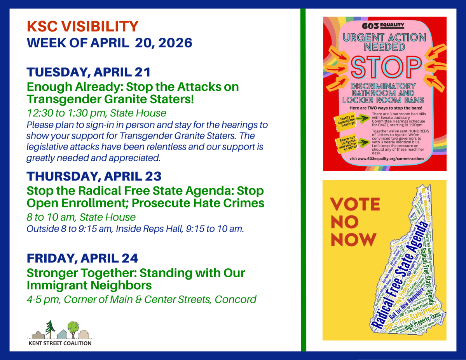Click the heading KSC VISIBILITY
pyautogui.click(x=82, y=27)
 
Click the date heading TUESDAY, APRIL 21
pyautogui.click(x=88, y=72)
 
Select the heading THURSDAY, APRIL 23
pyautogui.click(x=94, y=176)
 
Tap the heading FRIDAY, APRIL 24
pyautogui.click(x=82, y=258)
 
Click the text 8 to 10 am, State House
pyautogui.click(x=81, y=217)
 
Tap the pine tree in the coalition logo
pyautogui.click(x=49, y=327)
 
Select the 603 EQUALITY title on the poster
pyautogui.click(x=384, y=26)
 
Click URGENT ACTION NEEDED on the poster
pyautogui.click(x=384, y=42)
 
